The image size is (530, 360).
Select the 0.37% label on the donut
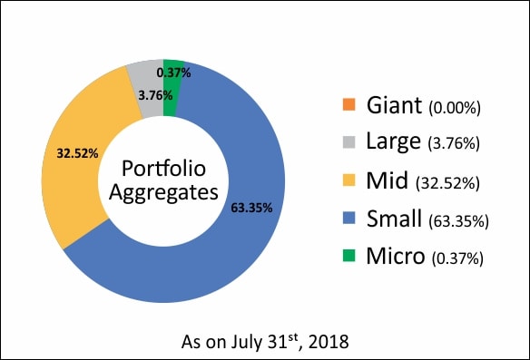pyautogui.click(x=173, y=73)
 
